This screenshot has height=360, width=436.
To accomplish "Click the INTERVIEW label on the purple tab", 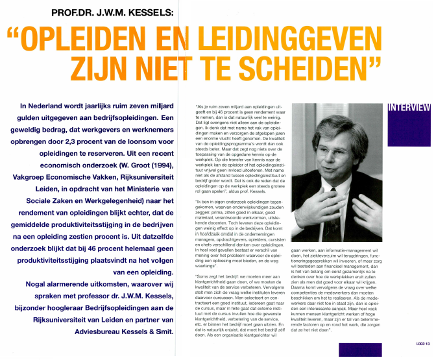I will pyautogui.click(x=409, y=107).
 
